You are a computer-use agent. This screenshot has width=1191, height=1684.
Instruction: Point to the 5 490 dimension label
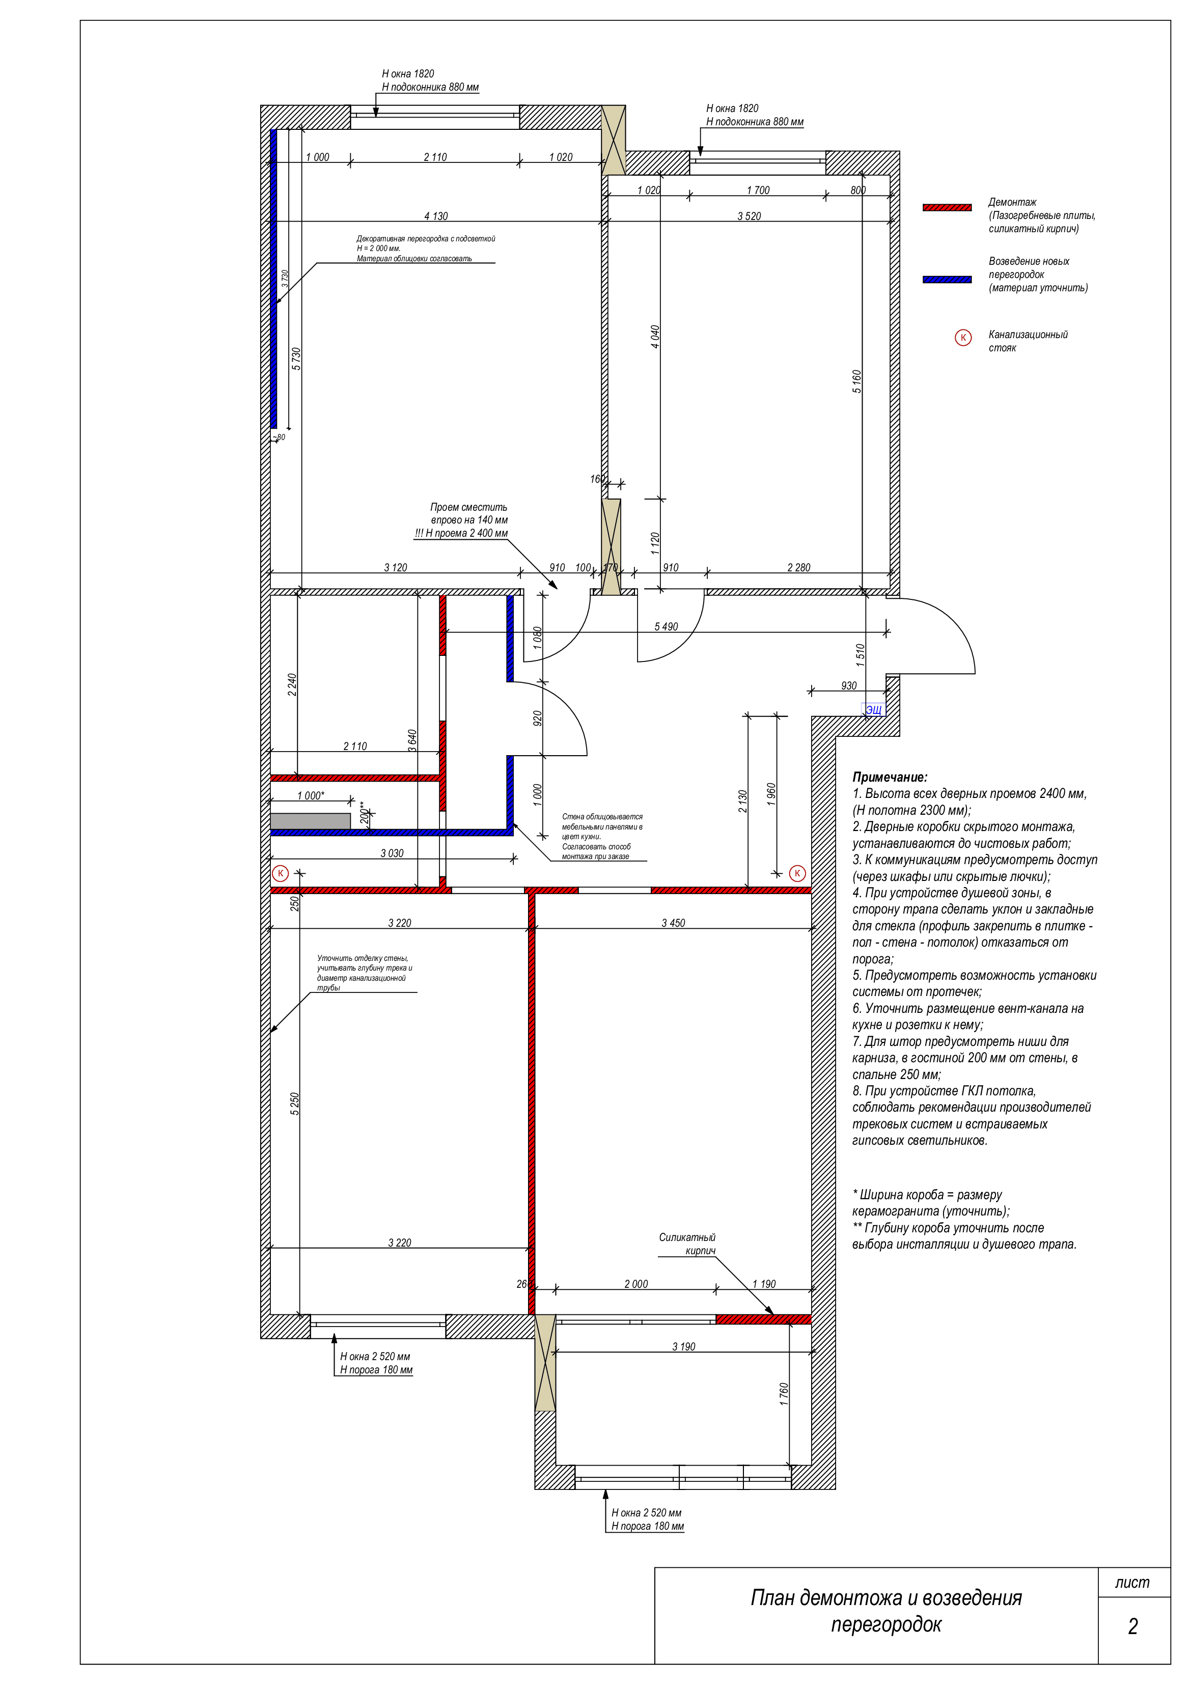[666, 626]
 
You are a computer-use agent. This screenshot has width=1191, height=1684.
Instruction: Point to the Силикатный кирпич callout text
[687, 1244]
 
